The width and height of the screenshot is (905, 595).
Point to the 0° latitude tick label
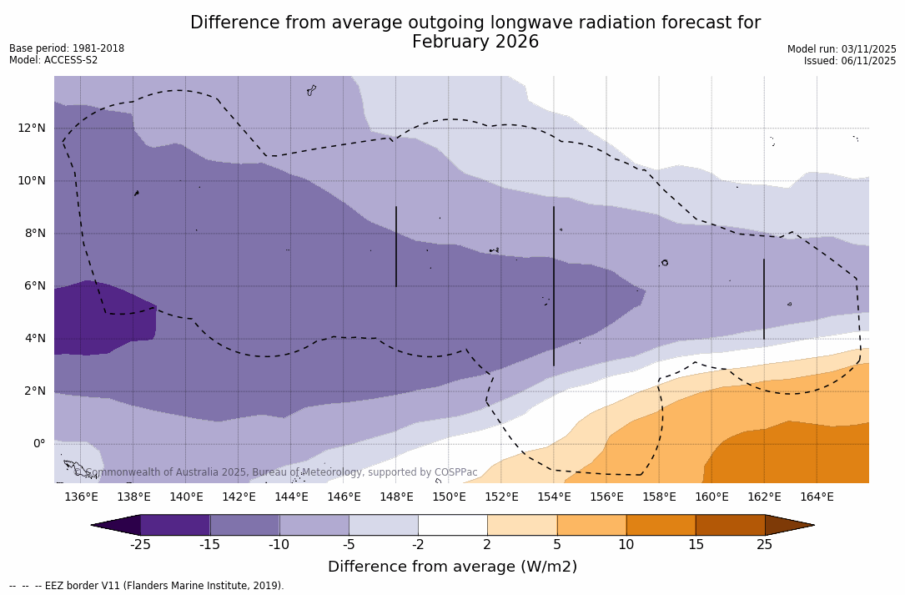(38, 443)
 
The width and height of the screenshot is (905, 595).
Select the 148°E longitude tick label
(396, 497)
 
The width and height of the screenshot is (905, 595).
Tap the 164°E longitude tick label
(817, 497)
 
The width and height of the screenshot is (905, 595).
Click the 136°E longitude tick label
(81, 497)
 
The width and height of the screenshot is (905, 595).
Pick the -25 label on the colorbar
(140, 545)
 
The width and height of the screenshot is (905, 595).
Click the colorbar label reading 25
(764, 545)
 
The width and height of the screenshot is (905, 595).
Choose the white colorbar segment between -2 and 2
(452, 525)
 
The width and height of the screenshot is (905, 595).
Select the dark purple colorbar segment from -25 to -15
(175, 525)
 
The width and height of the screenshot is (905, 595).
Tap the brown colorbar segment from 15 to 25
(730, 525)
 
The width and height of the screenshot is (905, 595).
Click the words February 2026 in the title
(475, 42)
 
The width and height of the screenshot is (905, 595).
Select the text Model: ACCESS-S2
(53, 60)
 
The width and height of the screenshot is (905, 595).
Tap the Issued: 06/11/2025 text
(850, 61)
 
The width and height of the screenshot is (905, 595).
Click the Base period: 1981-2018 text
(67, 48)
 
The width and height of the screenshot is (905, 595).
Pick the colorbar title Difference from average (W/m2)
(452, 567)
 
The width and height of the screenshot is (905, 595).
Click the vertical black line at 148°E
(396, 246)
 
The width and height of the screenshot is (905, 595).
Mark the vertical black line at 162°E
(764, 299)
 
